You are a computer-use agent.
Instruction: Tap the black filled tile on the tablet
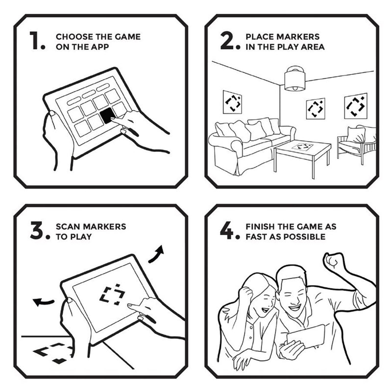click(108, 116)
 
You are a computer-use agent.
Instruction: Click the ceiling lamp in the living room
click(295, 78)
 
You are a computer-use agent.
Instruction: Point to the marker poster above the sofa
click(232, 102)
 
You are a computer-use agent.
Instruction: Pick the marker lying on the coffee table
click(303, 147)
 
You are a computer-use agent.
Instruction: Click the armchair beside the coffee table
click(357, 144)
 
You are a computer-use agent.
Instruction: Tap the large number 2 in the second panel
click(227, 40)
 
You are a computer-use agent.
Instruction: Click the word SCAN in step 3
click(68, 226)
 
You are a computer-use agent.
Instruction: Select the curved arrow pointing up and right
click(156, 254)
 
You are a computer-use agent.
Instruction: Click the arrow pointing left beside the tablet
click(43, 302)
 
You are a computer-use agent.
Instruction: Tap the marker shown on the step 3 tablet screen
click(112, 295)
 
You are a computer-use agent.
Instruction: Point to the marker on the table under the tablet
click(53, 353)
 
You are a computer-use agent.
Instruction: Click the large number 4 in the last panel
click(226, 230)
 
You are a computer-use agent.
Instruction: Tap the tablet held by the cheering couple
click(306, 337)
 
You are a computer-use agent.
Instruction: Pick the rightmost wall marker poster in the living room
click(356, 106)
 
